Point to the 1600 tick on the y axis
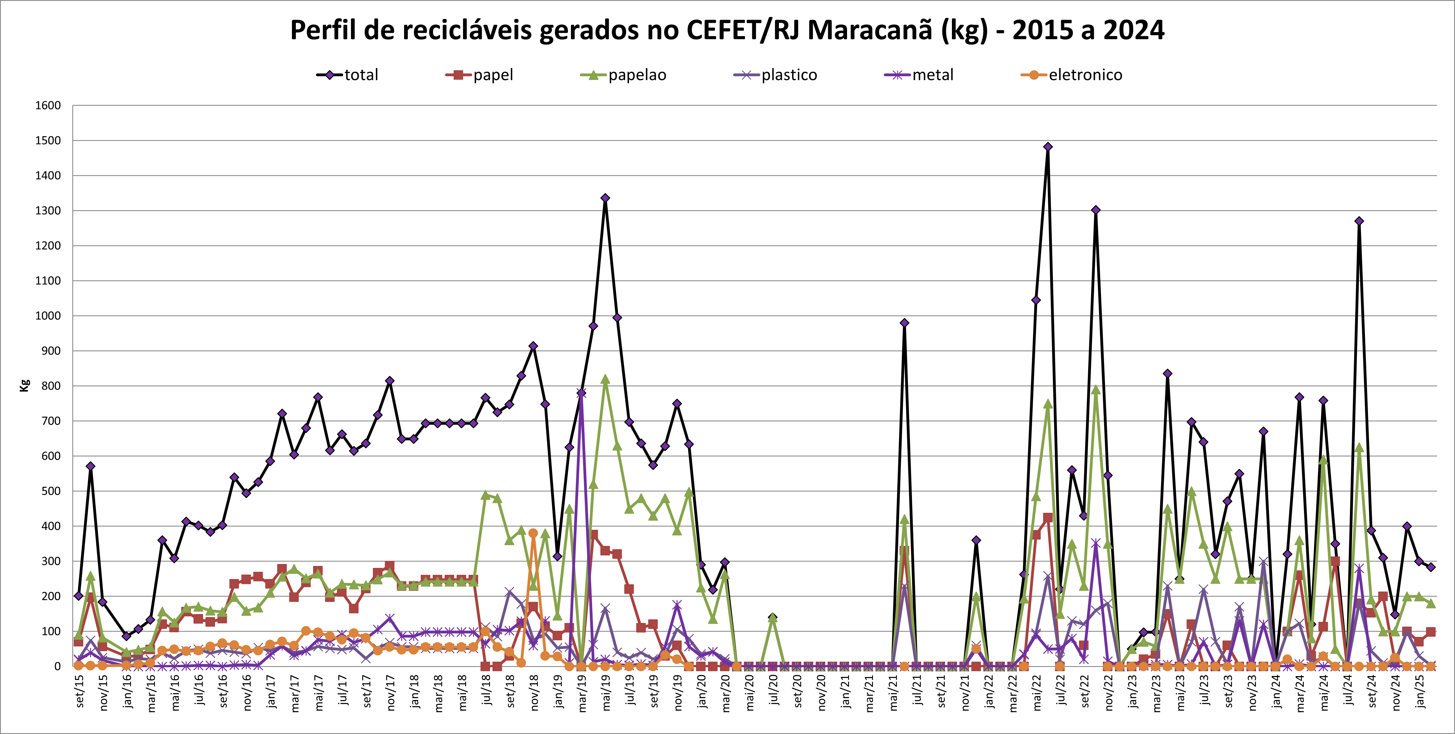(x=48, y=106)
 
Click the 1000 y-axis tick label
(x=48, y=316)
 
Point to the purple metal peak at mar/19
(x=581, y=393)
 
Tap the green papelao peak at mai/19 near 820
(x=605, y=379)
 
